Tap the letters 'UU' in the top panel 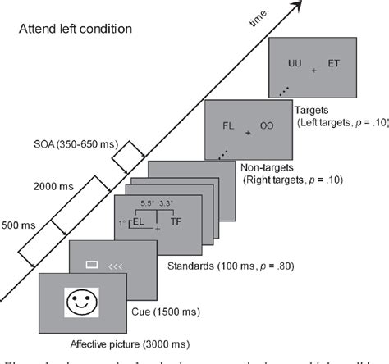(295, 63)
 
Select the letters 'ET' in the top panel (334, 63)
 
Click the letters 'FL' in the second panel (229, 127)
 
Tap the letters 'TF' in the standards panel (176, 221)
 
